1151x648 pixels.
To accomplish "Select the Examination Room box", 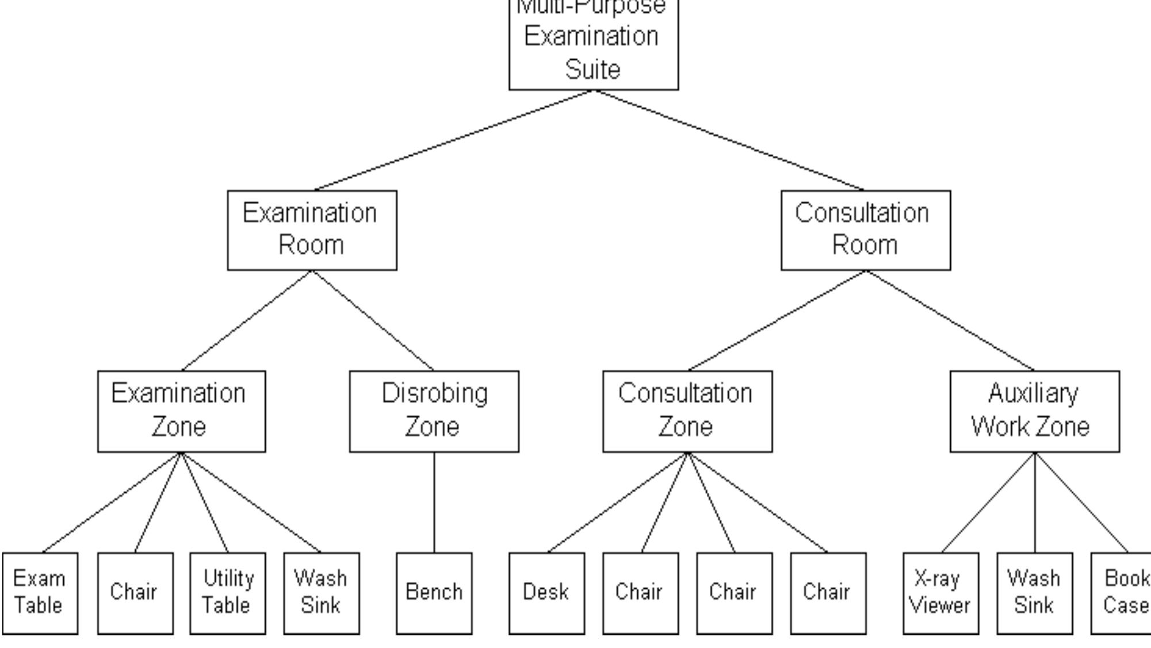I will [x=312, y=230].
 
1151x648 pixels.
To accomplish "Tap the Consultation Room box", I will [x=865, y=230].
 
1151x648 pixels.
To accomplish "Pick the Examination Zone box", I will [x=181, y=411].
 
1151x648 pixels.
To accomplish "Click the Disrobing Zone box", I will [x=434, y=411].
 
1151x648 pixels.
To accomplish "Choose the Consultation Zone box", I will [x=687, y=411].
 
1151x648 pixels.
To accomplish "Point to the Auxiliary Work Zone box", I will [x=1034, y=411].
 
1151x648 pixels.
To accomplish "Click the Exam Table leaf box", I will [x=40, y=593].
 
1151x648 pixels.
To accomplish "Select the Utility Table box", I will [x=227, y=593].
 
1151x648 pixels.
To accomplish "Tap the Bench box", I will [x=434, y=593].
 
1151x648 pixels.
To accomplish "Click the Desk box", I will [x=546, y=593].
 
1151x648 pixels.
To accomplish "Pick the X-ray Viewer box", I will [x=940, y=593].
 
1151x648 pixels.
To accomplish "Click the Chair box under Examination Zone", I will [x=135, y=593].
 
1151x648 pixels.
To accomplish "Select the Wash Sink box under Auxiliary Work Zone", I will [x=1034, y=593].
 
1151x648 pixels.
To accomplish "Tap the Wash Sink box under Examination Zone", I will [x=321, y=593].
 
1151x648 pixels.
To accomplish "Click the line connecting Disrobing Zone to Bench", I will [x=434, y=503].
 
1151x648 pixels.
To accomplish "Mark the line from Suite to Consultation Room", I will [x=729, y=140].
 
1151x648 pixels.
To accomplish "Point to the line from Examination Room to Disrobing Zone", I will [x=373, y=320].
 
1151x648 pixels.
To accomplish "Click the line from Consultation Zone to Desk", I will [x=617, y=503].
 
